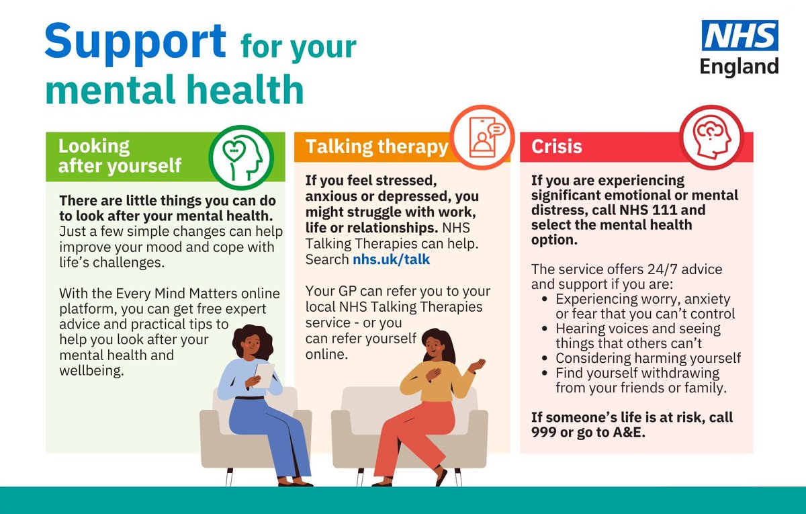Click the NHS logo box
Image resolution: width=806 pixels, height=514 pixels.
point(740,35)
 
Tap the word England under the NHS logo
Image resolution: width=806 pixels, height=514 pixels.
point(739,66)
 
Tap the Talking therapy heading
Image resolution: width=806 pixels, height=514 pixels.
point(376,146)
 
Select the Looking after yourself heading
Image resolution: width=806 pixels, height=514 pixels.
point(120,156)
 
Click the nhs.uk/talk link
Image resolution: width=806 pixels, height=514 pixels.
point(392,259)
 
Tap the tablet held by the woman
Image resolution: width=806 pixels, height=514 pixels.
point(263,374)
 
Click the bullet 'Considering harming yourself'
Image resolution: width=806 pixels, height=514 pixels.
point(647,358)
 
